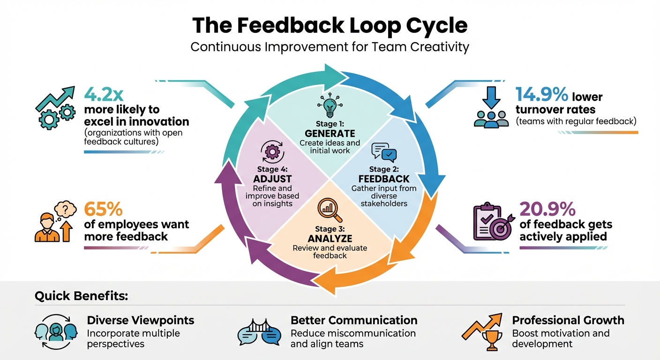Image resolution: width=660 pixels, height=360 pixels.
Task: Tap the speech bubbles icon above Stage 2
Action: pyautogui.click(x=384, y=152)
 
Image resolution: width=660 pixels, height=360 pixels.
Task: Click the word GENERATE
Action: pyautogui.click(x=330, y=134)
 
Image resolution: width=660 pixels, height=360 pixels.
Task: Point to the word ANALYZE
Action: pyautogui.click(x=330, y=239)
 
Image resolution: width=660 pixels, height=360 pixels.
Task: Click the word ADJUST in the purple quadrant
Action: pyautogui.click(x=272, y=179)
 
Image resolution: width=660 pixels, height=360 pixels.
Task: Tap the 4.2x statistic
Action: pyautogui.click(x=104, y=94)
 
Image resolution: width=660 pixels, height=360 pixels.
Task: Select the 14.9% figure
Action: pyautogui.click(x=541, y=94)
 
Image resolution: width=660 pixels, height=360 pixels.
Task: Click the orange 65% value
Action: pyautogui.click(x=103, y=209)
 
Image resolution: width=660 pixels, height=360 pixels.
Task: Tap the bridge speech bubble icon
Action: pyautogui.click(x=259, y=331)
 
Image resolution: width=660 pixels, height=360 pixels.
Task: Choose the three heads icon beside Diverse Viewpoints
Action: pyautogui.click(x=56, y=332)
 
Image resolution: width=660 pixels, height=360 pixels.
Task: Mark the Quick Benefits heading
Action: pyautogui.click(x=81, y=296)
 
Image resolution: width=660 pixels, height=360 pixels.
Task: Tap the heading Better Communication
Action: pyautogui.click(x=354, y=320)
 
